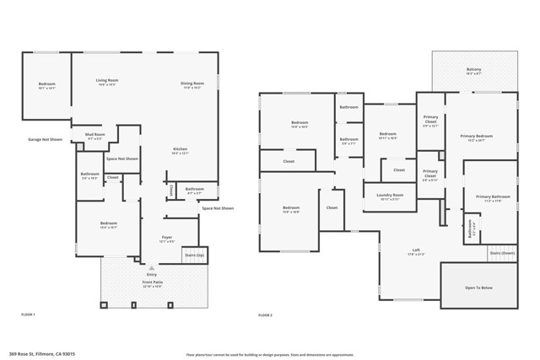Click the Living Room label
click(106, 82)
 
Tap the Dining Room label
click(192, 83)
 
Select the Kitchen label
click(181, 151)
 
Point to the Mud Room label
click(95, 135)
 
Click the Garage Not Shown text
click(46, 139)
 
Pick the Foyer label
click(167, 239)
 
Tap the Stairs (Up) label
click(194, 254)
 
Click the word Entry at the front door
click(152, 275)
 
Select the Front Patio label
click(152, 284)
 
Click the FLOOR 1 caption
click(28, 314)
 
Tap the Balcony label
click(473, 70)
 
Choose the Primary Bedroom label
click(476, 137)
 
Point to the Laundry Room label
click(390, 196)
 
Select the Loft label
click(416, 250)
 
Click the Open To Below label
click(478, 287)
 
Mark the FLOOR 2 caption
click(266, 314)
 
